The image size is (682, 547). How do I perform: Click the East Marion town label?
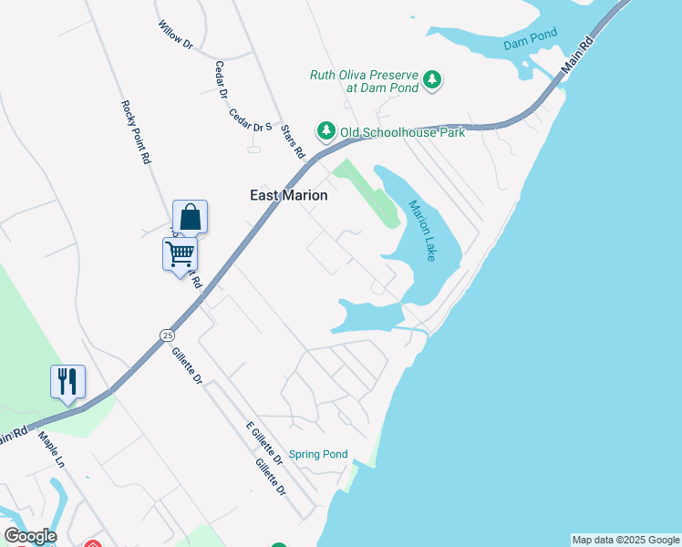[289, 195]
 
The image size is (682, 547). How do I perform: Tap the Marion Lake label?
[421, 231]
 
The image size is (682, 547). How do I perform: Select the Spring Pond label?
[318, 454]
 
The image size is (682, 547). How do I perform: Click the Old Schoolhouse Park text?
[402, 132]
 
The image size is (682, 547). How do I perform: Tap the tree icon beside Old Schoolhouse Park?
[325, 132]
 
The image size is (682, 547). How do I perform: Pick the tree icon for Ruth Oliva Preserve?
[432, 81]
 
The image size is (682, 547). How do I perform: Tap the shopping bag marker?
[190, 217]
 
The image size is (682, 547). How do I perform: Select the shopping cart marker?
[181, 253]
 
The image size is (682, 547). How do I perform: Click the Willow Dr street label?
[176, 35]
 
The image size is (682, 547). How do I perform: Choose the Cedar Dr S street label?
[252, 120]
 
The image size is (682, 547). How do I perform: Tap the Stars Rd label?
[292, 141]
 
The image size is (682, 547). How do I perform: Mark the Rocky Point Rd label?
[135, 131]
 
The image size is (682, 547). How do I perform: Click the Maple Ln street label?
[51, 449]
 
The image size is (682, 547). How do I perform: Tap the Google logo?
[30, 536]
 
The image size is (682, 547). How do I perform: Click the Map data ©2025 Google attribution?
[625, 540]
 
